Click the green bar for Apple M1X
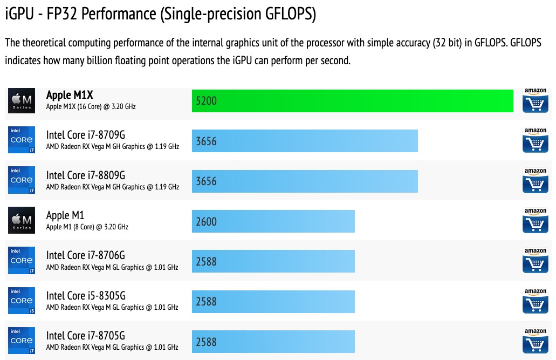click(352, 101)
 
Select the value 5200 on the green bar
click(207, 101)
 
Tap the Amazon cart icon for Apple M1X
click(535, 100)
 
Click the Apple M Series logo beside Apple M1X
click(22, 100)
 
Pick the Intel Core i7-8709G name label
click(85, 135)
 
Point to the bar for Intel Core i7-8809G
click(305, 181)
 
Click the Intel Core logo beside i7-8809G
click(22, 180)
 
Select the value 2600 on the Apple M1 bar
click(207, 221)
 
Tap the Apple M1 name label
click(65, 215)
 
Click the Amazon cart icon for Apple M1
click(535, 221)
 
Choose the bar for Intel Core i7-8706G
click(273, 261)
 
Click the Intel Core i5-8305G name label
click(86, 295)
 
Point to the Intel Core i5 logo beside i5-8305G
click(22, 301)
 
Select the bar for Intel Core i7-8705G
click(273, 341)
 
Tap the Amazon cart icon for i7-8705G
click(535, 341)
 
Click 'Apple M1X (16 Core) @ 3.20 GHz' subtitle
click(91, 107)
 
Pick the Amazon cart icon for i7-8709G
click(535, 140)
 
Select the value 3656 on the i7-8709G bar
click(207, 141)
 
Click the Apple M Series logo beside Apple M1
click(22, 221)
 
